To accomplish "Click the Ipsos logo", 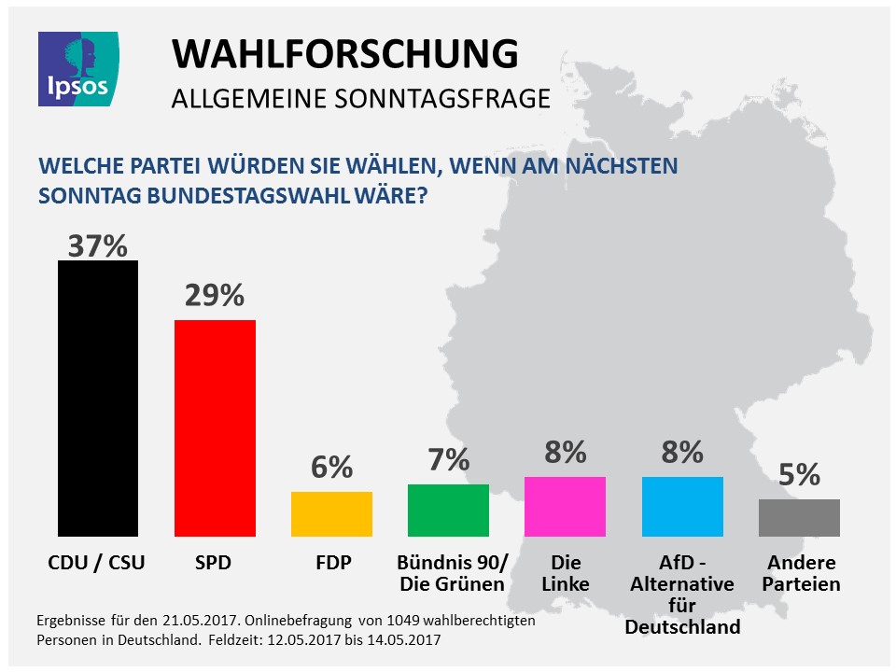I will click(x=78, y=68).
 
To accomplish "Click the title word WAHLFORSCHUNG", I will click(x=344, y=55).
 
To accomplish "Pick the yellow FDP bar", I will click(x=331, y=513).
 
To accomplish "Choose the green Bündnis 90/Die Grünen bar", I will click(x=448, y=510).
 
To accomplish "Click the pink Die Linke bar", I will click(x=565, y=506).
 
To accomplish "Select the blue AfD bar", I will click(x=682, y=506).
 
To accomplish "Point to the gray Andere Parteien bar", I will click(x=799, y=517).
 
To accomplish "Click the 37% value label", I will click(x=97, y=245).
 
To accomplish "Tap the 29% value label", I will click(x=215, y=296).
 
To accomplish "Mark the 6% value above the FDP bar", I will click(x=331, y=468).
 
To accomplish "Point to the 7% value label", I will click(x=448, y=460).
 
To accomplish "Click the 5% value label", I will click(x=799, y=475).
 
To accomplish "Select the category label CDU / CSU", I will click(x=97, y=564).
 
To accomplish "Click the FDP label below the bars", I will click(x=331, y=564).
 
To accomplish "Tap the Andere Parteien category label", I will click(x=803, y=574).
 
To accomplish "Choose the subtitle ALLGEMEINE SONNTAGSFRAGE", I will click(x=361, y=98).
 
